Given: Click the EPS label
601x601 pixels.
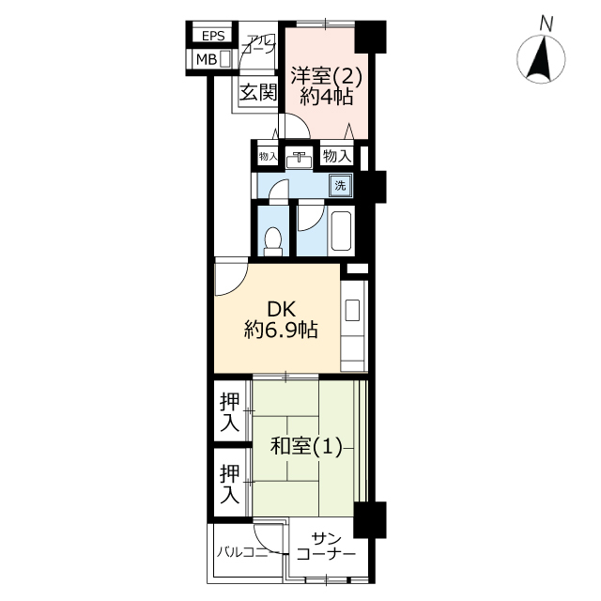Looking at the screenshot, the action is click(213, 36).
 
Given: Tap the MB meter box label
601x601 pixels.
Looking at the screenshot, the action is click(207, 59).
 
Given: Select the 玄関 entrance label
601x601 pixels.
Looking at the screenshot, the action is click(258, 92).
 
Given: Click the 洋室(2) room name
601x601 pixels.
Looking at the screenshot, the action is click(327, 75).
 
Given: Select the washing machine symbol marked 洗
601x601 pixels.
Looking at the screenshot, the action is click(340, 186).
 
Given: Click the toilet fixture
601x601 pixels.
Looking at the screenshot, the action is click(273, 242).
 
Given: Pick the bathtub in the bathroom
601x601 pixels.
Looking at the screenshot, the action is click(342, 231).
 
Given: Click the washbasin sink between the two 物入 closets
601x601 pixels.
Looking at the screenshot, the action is click(299, 160).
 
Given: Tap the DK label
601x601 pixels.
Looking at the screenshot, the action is click(282, 309).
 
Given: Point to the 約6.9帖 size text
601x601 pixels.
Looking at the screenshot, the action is click(282, 330).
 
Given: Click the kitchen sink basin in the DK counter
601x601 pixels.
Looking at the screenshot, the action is click(352, 310).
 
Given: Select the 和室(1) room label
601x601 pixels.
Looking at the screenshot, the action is click(306, 446).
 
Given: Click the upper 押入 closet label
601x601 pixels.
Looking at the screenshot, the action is click(229, 413).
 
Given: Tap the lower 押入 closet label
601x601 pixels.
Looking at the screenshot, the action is click(229, 484).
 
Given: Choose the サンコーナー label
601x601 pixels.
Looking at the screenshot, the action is click(326, 547).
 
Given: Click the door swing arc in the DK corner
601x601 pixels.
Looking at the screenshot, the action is click(239, 285).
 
